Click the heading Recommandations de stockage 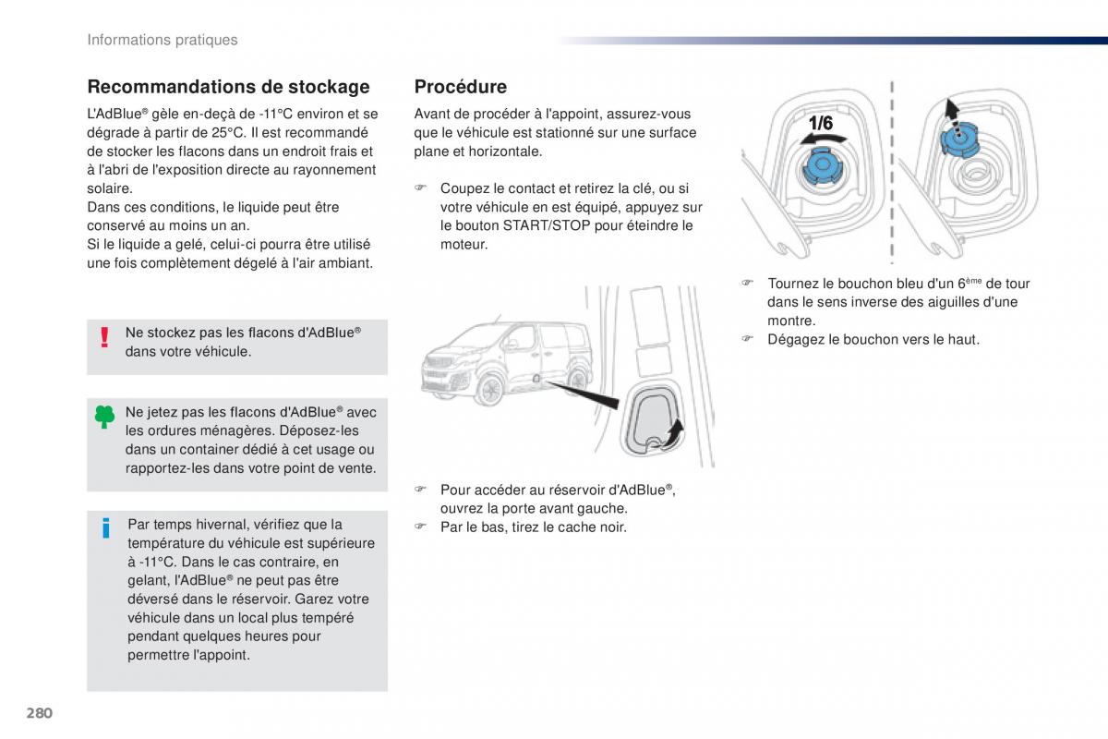pyautogui.click(x=229, y=87)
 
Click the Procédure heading pyautogui.click(x=461, y=87)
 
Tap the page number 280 pyautogui.click(x=40, y=713)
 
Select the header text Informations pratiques pyautogui.click(x=163, y=40)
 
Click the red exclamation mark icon pyautogui.click(x=104, y=337)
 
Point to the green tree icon pyautogui.click(x=104, y=417)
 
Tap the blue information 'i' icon pyautogui.click(x=106, y=527)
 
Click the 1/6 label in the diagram pyautogui.click(x=821, y=123)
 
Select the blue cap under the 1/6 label pyautogui.click(x=822, y=166)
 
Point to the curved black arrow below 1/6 pyautogui.click(x=823, y=139)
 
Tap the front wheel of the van pyautogui.click(x=489, y=391)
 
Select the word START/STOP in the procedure pyautogui.click(x=547, y=225)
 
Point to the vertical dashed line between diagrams pyautogui.click(x=892, y=172)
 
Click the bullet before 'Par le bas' pyautogui.click(x=420, y=526)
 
